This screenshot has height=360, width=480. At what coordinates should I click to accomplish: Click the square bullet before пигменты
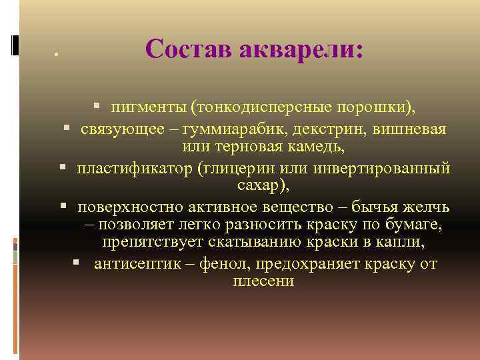[97, 105]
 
